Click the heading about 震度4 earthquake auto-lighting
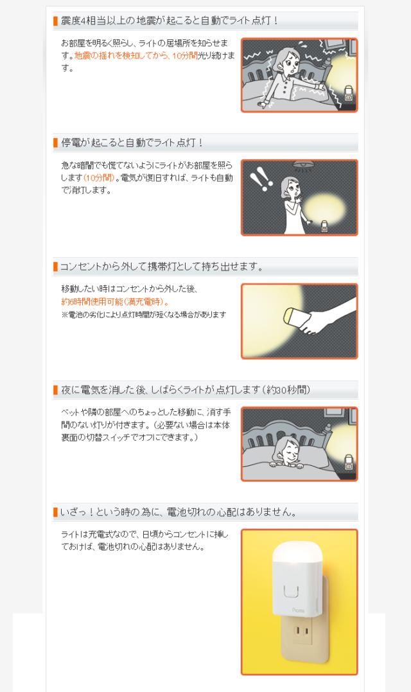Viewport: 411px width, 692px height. (x=170, y=21)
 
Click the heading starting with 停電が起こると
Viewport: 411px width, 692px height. (x=132, y=143)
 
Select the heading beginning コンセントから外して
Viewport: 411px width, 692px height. (x=161, y=267)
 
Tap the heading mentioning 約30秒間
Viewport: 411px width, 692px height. (x=186, y=390)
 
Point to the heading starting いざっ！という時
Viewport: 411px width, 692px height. (x=179, y=512)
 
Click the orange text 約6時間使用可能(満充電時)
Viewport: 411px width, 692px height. (x=115, y=302)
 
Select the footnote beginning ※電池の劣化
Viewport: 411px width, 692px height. (x=144, y=315)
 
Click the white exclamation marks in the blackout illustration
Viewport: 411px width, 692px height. (x=259, y=179)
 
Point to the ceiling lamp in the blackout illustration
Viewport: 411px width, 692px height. (x=303, y=165)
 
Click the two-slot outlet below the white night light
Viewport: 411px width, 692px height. (x=301, y=630)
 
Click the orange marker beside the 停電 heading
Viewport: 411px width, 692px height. (x=56, y=143)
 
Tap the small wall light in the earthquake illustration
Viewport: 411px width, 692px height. (x=348, y=93)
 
